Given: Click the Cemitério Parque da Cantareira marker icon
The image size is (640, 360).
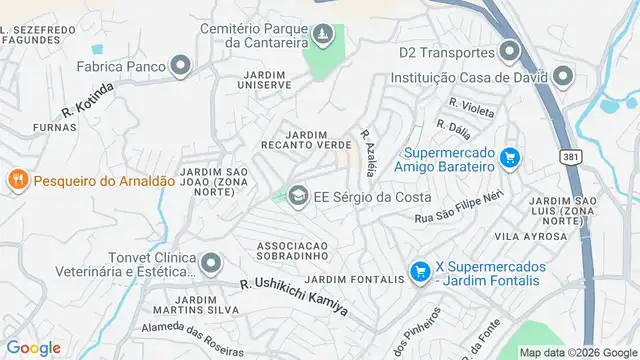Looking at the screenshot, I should [x=323, y=37].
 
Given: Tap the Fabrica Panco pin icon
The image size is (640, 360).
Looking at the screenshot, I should [x=180, y=67].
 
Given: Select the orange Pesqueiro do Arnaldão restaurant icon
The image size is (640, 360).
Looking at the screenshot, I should [x=17, y=180].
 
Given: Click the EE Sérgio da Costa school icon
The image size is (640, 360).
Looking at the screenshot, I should [x=297, y=196].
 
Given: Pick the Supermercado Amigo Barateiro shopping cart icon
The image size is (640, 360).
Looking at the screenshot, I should [x=510, y=157].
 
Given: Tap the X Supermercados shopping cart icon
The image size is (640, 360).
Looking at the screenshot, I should [x=420, y=270].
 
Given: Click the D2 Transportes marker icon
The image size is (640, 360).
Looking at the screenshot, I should [x=511, y=51].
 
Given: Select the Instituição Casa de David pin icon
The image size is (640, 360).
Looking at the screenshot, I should [x=563, y=76].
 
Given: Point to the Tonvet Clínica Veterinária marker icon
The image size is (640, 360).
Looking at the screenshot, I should [x=210, y=264].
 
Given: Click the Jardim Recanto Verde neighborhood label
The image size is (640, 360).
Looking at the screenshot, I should [x=304, y=139].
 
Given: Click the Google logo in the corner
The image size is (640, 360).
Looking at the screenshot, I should [x=33, y=347].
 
